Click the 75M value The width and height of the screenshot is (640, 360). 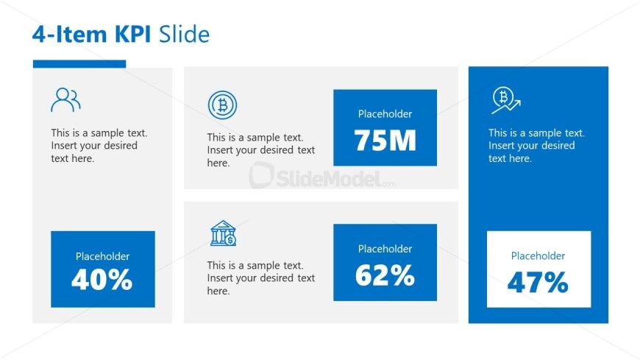tap(385, 140)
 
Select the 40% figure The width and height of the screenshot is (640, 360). tap(102, 280)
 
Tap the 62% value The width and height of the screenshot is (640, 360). tap(385, 275)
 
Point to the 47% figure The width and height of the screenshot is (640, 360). tap(538, 282)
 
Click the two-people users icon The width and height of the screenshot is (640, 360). tap(65, 99)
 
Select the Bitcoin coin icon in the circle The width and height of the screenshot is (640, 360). tap(222, 105)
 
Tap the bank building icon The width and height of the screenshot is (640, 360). tap(224, 233)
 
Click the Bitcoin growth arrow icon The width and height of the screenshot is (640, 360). tap(505, 100)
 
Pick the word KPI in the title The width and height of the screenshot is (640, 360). tap(132, 34)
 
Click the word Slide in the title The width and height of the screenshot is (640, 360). tap(184, 34)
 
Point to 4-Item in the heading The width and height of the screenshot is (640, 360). tap(69, 34)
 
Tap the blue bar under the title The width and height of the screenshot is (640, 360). tap(79, 64)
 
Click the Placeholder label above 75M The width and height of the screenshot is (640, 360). tap(385, 114)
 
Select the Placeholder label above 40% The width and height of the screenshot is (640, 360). tap(102, 256)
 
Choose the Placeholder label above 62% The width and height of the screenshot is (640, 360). tap(385, 249)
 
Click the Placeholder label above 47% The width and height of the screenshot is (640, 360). tap(538, 255)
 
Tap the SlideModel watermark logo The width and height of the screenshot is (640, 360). tap(322, 177)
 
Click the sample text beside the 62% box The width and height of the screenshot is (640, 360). tap(261, 278)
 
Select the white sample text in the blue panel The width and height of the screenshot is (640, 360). tap(536, 146)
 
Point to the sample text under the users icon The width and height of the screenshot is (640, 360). tap(99, 146)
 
